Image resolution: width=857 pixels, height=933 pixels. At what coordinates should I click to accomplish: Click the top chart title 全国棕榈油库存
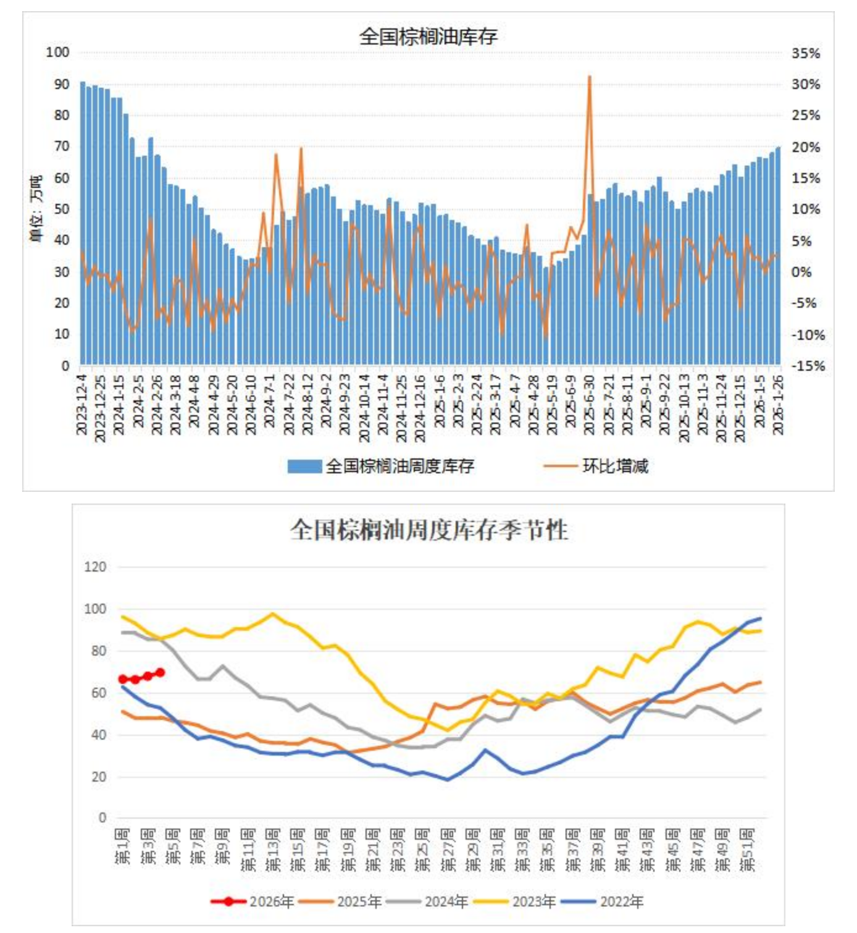tap(428, 36)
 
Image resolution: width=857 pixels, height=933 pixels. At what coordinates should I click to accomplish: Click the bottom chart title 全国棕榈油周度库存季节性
tap(428, 530)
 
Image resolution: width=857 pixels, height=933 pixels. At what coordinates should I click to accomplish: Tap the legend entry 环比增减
tap(615, 466)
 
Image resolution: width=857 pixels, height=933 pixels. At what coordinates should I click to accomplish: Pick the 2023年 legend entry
tap(533, 901)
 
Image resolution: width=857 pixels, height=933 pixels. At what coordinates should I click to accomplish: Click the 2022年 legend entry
tap(621, 901)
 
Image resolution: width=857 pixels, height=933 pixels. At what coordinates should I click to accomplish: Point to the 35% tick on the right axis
tap(806, 53)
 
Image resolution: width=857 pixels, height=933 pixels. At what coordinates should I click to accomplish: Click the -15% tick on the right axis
tap(808, 366)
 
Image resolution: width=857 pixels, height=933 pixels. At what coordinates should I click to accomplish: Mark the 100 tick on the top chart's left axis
tap(57, 52)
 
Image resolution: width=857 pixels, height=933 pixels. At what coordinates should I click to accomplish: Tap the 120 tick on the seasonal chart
tap(95, 567)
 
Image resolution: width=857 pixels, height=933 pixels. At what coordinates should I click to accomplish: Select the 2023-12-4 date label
tap(82, 404)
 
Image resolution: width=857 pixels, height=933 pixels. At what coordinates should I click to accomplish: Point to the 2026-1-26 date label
tap(778, 404)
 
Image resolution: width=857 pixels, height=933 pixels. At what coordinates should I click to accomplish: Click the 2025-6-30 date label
tap(589, 404)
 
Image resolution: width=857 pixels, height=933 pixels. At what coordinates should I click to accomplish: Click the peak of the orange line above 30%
tap(590, 77)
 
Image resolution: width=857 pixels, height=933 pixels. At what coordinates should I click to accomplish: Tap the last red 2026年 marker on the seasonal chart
tap(160, 672)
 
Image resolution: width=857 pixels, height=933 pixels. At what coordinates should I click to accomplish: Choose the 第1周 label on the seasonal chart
tap(123, 847)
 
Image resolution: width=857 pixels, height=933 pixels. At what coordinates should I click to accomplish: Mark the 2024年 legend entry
tap(446, 901)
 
